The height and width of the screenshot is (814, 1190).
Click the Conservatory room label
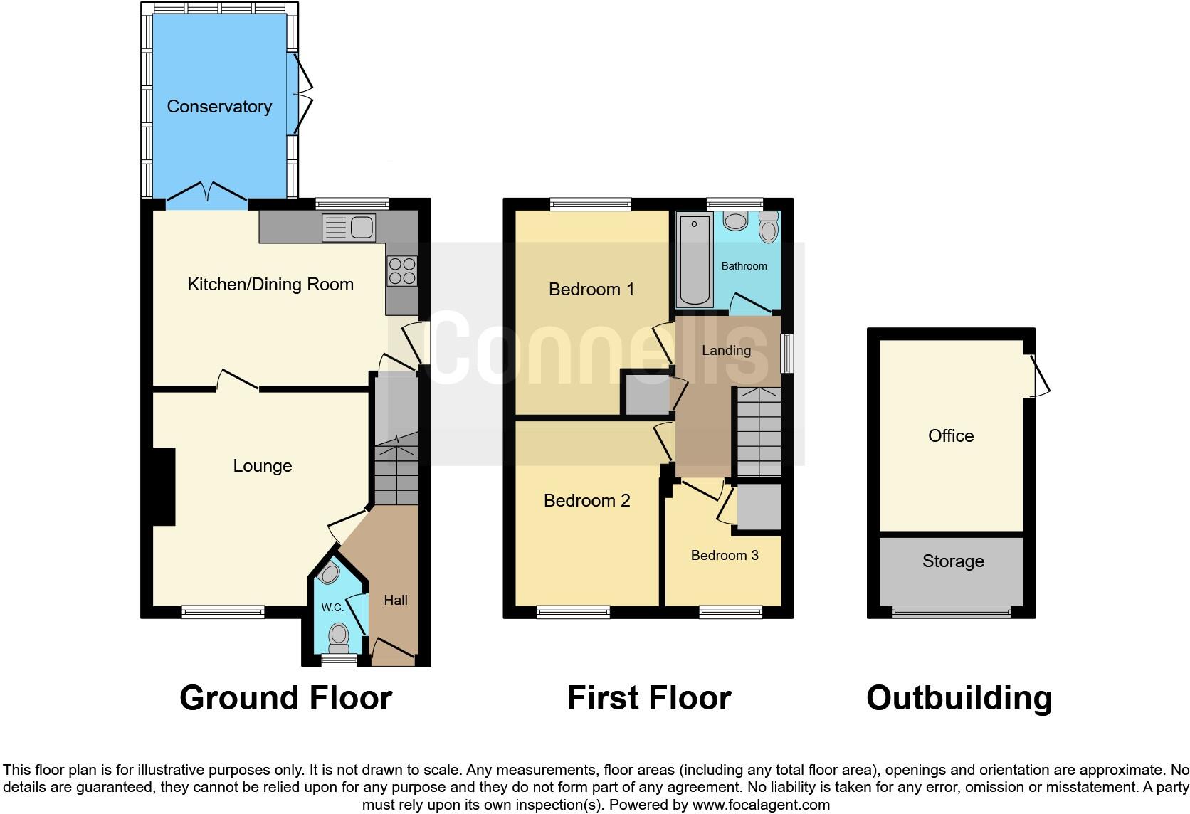coord(219,107)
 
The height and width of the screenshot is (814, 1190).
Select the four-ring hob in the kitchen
coord(401,271)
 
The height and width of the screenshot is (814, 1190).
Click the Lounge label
coord(263,466)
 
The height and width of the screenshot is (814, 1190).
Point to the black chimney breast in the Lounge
coord(164,487)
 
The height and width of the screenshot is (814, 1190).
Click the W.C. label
coord(332,607)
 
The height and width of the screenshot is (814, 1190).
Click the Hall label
coord(396,600)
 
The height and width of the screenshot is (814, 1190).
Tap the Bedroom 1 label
coord(591,290)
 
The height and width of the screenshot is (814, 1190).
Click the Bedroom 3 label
coord(725,555)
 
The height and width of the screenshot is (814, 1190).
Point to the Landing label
coord(726,350)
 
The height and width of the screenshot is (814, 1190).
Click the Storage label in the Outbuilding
coord(953,561)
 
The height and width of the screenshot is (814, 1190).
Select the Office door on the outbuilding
coord(1041,375)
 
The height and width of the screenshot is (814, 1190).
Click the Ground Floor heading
coord(285,698)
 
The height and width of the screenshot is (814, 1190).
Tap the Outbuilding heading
coord(959,698)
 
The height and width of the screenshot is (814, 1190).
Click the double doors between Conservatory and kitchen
coord(207,193)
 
